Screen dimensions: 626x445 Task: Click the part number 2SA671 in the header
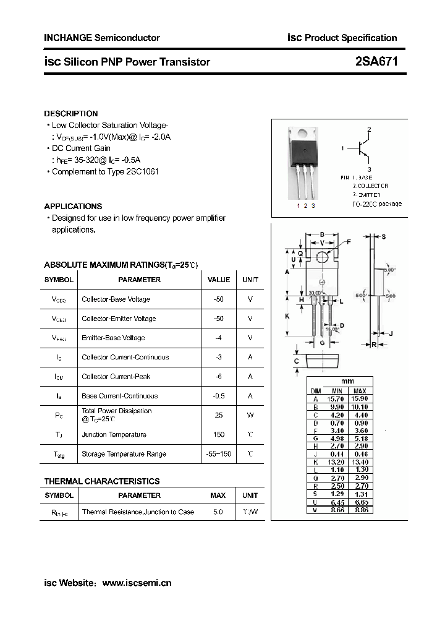coord(376,62)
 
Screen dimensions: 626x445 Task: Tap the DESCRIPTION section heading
coord(71,114)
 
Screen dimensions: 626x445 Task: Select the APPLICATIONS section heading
coord(73,207)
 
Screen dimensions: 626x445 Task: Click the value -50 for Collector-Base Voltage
coord(219,299)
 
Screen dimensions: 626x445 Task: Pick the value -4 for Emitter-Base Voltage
coord(219,338)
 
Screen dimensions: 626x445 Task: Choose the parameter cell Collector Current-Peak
coord(116,377)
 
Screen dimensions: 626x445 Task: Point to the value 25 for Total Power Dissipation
coord(219,415)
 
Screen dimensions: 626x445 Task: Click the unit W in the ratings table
coord(250,415)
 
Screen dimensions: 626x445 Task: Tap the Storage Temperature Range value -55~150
coord(219,454)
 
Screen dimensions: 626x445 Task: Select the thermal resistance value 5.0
coord(218,512)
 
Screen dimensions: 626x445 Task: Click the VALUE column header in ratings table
coord(219,280)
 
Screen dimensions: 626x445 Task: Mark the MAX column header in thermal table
coord(218,495)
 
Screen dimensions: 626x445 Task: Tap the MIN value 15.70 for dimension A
coord(337,399)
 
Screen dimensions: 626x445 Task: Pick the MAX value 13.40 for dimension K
coord(360,462)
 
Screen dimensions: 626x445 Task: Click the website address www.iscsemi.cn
coord(136,583)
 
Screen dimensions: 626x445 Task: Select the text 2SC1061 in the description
coord(143,171)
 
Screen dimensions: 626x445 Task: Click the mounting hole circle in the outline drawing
coord(322,257)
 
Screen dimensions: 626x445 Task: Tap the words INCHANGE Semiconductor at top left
coord(102,38)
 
